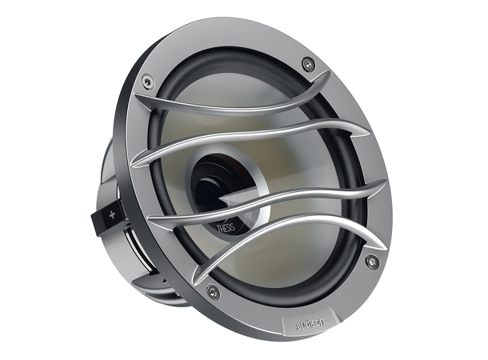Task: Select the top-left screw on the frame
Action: [x=146, y=81]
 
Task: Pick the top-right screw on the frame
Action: [x=309, y=64]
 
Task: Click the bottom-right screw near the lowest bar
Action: [x=371, y=261]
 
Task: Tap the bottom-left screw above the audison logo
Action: [x=212, y=291]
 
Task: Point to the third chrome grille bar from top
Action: [x=264, y=204]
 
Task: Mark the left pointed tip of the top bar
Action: [x=135, y=101]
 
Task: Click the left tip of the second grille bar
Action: [x=134, y=165]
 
